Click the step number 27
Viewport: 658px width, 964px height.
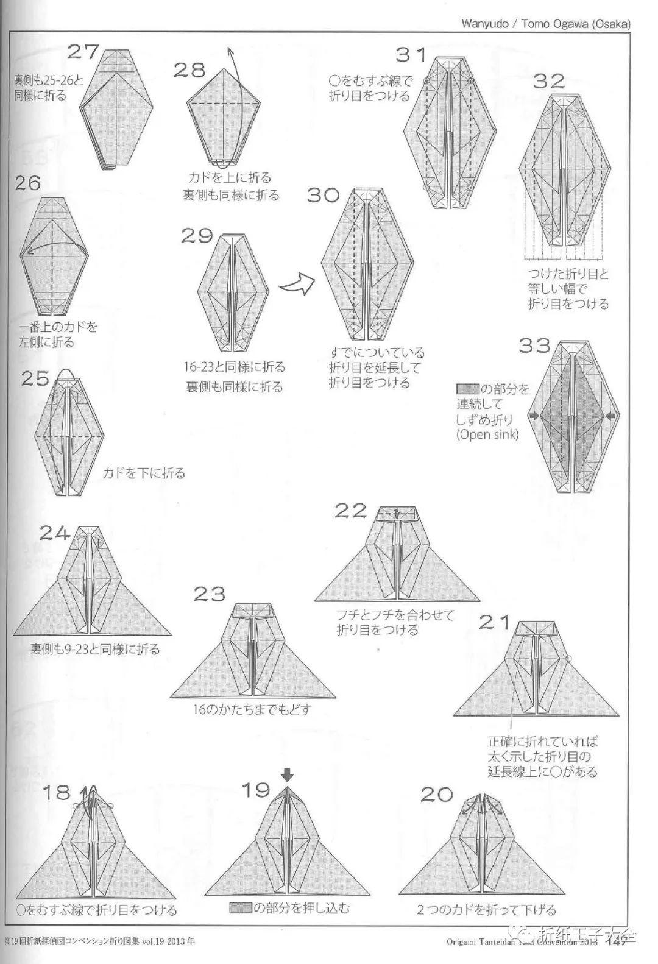click(83, 52)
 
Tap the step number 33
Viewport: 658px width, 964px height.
click(534, 346)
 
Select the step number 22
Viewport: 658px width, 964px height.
click(351, 510)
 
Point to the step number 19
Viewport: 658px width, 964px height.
click(256, 790)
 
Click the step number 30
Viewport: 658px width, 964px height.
click(323, 195)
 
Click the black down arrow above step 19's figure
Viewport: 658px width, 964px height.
click(288, 774)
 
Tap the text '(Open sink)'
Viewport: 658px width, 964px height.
click(487, 435)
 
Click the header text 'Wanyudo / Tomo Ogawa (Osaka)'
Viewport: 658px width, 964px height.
click(545, 24)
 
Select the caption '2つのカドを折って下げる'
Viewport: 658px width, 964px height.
click(486, 910)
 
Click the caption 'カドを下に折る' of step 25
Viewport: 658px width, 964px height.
click(144, 473)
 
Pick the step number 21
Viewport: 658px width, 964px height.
click(494, 622)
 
